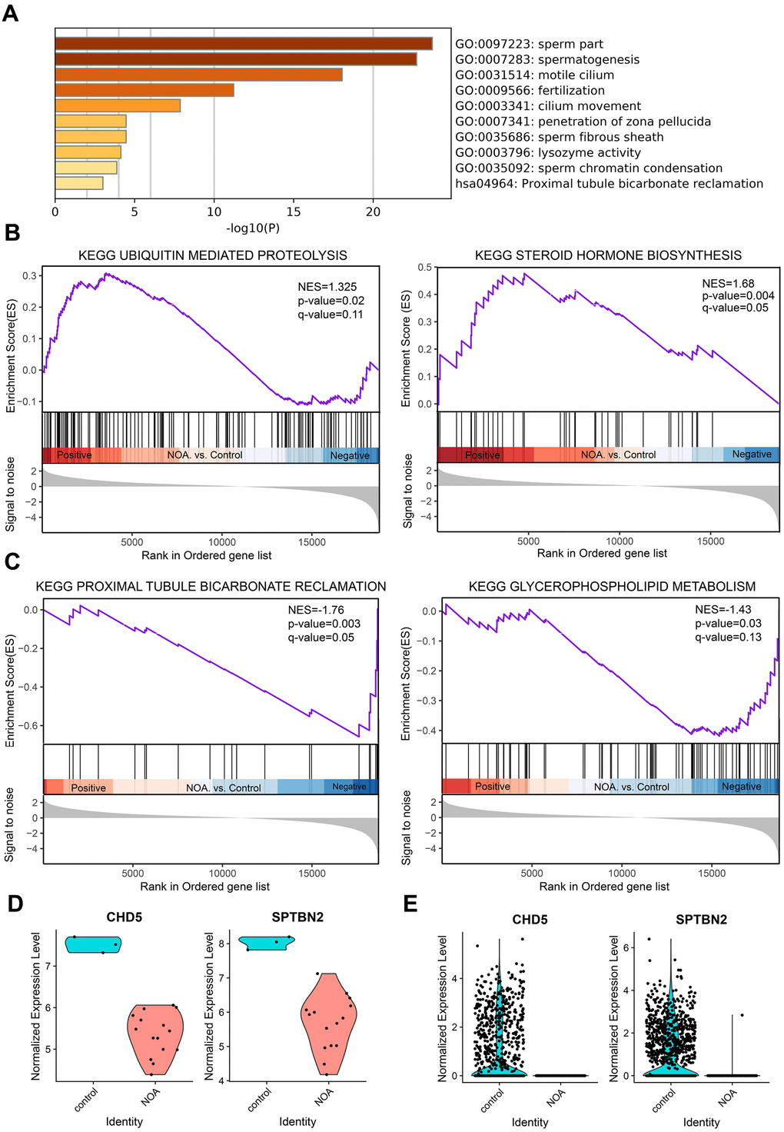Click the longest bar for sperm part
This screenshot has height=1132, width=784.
click(243, 44)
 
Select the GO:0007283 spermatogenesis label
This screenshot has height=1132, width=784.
click(546, 59)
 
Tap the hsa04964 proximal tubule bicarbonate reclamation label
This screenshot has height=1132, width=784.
click(609, 184)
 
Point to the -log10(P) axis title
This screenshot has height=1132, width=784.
click(253, 228)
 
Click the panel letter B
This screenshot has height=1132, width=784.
click(12, 233)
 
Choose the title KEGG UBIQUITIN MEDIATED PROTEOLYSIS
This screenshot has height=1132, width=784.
click(212, 255)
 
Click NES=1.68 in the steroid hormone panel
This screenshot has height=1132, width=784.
click(728, 283)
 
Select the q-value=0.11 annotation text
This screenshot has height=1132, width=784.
click(331, 315)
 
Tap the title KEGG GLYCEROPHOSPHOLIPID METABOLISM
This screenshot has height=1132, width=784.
click(612, 587)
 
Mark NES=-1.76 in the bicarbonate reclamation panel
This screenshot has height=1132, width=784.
click(316, 610)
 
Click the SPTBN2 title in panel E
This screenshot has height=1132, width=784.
click(701, 919)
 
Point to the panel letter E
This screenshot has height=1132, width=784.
click(410, 904)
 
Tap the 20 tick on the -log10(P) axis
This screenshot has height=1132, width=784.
click(373, 212)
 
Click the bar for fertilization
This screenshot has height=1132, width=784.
click(145, 90)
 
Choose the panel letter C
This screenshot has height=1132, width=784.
click(12, 562)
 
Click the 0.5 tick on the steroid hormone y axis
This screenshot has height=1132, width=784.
click(425, 268)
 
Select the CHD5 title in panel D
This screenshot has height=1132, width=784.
click(124, 917)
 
